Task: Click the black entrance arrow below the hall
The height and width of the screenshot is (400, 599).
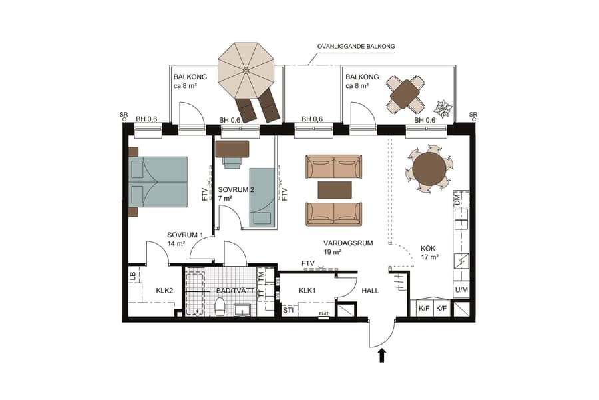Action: click(382, 355)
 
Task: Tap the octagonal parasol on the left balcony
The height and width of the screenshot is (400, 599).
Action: click(246, 69)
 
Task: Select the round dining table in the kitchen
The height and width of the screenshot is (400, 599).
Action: click(429, 169)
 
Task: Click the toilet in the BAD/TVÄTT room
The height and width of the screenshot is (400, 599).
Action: click(219, 307)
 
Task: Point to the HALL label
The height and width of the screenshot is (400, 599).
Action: click(371, 291)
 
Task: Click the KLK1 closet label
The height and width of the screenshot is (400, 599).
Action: click(307, 291)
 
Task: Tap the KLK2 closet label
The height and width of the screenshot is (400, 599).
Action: click(164, 291)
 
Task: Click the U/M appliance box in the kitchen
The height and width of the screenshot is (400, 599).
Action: click(461, 290)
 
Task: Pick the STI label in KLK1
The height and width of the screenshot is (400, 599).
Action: click(288, 310)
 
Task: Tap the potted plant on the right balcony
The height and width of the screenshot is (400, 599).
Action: click(443, 108)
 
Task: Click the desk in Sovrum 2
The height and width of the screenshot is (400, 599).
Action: click(232, 148)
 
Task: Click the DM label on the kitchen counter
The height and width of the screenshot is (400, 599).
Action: click(457, 199)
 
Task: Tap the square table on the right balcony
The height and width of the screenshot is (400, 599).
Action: click(405, 95)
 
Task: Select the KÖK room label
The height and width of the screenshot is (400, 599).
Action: click(428, 248)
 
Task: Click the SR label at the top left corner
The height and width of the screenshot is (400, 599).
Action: click(124, 115)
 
